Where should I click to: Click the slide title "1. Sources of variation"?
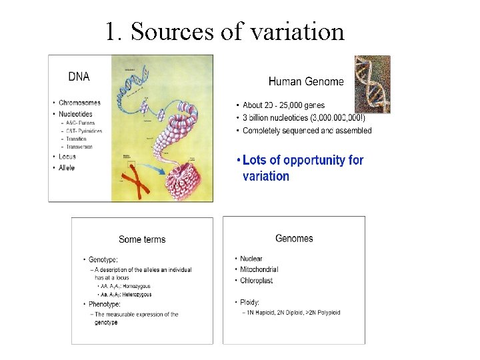[225, 31]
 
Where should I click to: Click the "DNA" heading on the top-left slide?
[79, 77]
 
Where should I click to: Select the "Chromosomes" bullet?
[79, 103]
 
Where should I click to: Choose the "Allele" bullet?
[67, 167]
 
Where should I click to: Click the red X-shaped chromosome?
[133, 181]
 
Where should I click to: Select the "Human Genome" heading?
[306, 81]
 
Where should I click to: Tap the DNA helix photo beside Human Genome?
[372, 84]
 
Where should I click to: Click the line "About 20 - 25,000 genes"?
[283, 105]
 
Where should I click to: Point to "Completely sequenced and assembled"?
[307, 131]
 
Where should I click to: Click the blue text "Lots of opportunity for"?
[303, 160]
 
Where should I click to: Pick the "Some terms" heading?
[142, 239]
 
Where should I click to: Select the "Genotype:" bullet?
[101, 259]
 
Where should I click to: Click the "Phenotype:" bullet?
[103, 304]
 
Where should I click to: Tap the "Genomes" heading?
[294, 238]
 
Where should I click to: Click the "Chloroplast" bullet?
[257, 280]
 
